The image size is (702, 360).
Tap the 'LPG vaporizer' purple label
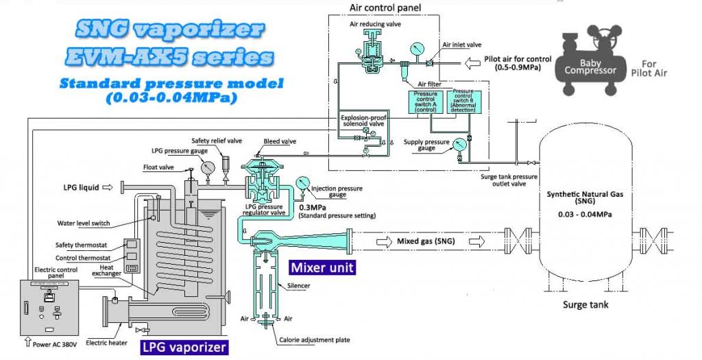pyautogui.click(x=184, y=348)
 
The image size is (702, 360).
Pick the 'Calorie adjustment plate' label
pyautogui.click(x=316, y=341)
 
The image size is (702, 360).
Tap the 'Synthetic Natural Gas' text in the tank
pyautogui.click(x=585, y=195)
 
